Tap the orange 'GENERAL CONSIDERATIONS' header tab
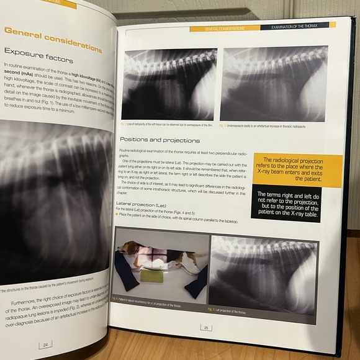pos(224,28)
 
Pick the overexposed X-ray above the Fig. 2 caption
pos(169,83)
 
